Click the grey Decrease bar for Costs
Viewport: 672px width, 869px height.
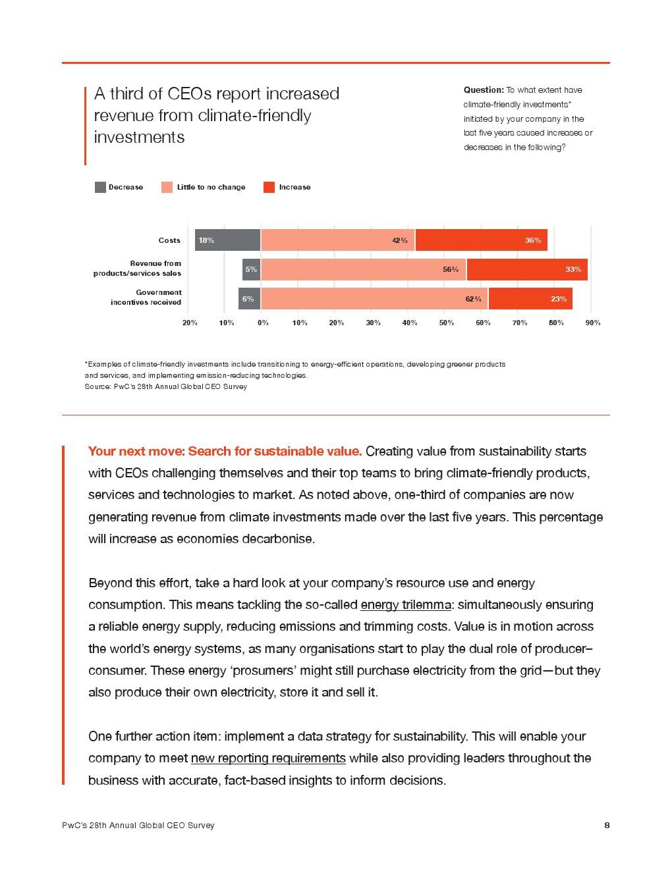coord(227,240)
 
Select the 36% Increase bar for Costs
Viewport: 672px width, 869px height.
coord(481,240)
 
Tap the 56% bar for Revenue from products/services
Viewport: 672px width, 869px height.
coord(364,269)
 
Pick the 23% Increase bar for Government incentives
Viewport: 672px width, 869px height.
coord(530,299)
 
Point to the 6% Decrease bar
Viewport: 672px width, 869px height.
coord(249,299)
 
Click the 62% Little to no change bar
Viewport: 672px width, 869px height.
coord(374,299)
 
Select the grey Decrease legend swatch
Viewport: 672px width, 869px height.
coord(100,188)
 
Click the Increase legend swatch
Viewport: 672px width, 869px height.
coord(269,188)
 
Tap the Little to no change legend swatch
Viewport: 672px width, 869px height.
coord(167,188)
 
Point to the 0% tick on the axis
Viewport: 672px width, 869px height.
coord(263,323)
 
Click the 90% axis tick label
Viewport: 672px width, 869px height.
coord(593,323)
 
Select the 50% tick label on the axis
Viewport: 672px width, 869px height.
coord(447,323)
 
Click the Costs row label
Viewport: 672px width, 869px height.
coord(169,240)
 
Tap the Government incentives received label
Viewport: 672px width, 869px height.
coord(146,298)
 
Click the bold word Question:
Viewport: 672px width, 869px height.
coord(484,90)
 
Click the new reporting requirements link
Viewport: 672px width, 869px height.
coord(268,758)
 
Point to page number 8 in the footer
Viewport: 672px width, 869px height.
coord(607,825)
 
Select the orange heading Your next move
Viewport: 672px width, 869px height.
coord(225,451)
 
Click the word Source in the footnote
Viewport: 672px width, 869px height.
coord(97,386)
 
